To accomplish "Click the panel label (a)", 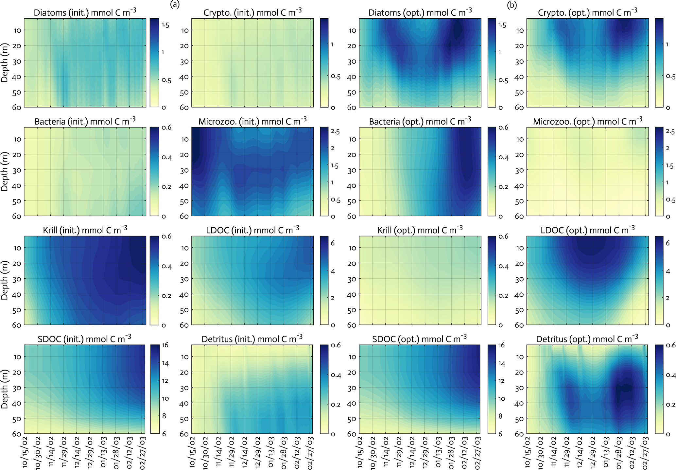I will pyautogui.click(x=175, y=5).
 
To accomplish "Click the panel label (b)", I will pyautogui.click(x=512, y=5).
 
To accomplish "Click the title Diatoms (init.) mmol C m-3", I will pyautogui.click(x=85, y=13).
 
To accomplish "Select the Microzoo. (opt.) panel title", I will pyautogui.click(x=587, y=121).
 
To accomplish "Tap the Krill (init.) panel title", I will pyautogui.click(x=85, y=230).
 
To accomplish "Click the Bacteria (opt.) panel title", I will pyautogui.click(x=420, y=121).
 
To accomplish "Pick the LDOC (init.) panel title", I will pyautogui.click(x=252, y=230).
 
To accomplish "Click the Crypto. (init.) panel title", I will pyautogui.click(x=252, y=13).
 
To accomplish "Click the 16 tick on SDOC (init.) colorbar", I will pyautogui.click(x=165, y=345).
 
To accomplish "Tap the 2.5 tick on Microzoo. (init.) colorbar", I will pyautogui.click(x=335, y=132).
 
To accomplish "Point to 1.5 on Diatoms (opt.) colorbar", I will pyautogui.click(x=502, y=25).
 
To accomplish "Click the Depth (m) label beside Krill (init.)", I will pyautogui.click(x=5, y=280).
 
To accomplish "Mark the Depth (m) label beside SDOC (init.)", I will pyautogui.click(x=5, y=389).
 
